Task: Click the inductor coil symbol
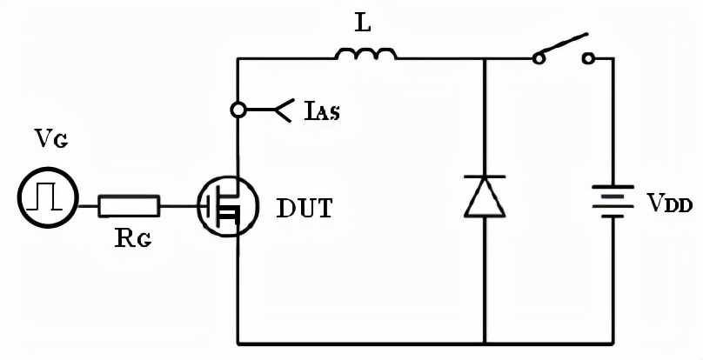click(x=365, y=54)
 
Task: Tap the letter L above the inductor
click(x=364, y=23)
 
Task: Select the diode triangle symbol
click(x=485, y=197)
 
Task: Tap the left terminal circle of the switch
click(x=539, y=58)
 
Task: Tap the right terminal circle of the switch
click(x=588, y=58)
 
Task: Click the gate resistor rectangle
click(x=129, y=206)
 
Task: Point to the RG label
click(x=133, y=238)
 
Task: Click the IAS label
click(x=322, y=111)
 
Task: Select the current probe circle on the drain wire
click(x=238, y=110)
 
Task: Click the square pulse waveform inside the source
click(x=44, y=199)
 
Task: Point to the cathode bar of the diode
click(x=485, y=177)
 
